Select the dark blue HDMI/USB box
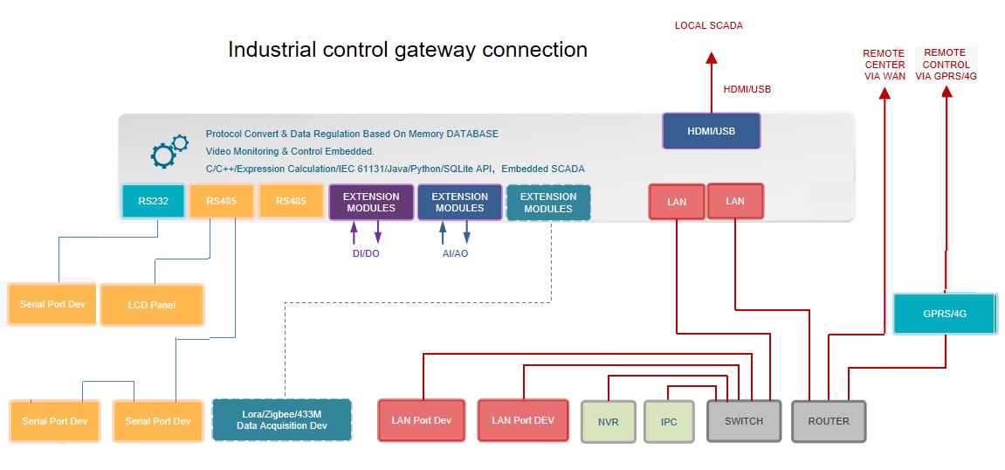[x=712, y=131]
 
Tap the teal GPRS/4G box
[x=945, y=314]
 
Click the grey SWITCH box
[x=743, y=421]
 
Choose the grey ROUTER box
[x=829, y=421]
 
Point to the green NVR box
[x=609, y=421]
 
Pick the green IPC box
[x=669, y=421]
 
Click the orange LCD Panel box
[x=152, y=305]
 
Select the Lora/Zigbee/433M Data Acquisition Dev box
[x=282, y=419]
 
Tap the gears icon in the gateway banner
[x=169, y=151]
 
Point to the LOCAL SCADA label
[x=709, y=26]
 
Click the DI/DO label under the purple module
[x=365, y=253]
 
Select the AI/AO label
[x=454, y=253]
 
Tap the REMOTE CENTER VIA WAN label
[x=884, y=65]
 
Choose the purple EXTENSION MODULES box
[x=371, y=202]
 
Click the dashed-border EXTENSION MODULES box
[x=548, y=202]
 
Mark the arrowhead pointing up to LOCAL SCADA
[x=712, y=59]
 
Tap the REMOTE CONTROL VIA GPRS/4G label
[x=946, y=64]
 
